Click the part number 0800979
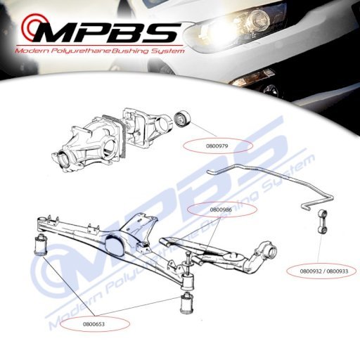pos(217,146)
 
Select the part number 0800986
pos(221,210)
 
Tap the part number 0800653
pos(94,324)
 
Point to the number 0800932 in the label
pos(311,271)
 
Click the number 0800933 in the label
pos(337,271)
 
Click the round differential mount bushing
pos(183,119)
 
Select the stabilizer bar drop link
pos(323,221)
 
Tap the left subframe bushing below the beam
pos(41,244)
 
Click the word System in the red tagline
pos(167,51)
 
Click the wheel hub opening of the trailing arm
pos(272,252)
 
